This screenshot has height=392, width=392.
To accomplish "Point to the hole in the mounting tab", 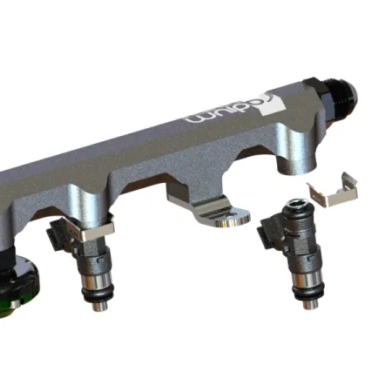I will click(226, 221).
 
